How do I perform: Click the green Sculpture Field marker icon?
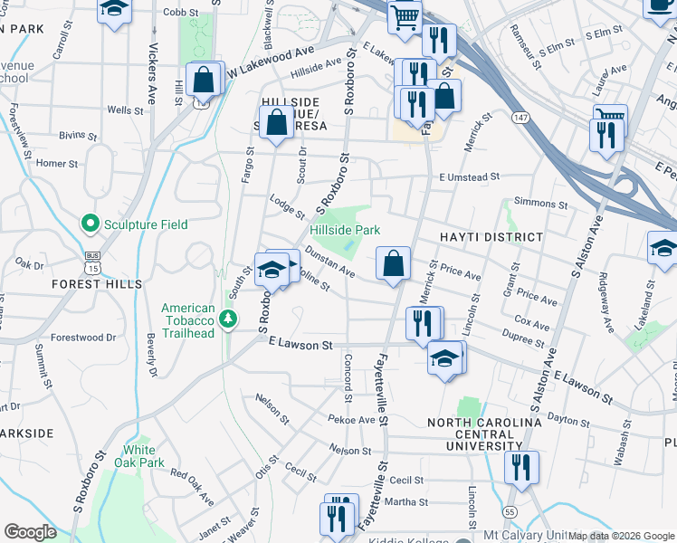coord(90,223)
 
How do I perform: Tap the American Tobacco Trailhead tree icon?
coord(230,319)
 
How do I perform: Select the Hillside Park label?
coord(345,231)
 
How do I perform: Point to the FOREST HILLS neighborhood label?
coord(98,283)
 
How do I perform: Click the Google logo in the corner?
coord(30,532)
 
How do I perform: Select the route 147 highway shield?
coord(519,118)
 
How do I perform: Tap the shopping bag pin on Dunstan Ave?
coord(393,264)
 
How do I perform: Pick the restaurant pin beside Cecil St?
coord(520,468)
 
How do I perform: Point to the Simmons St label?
coord(539,205)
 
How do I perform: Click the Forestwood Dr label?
coord(83,338)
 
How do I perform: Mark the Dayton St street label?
coord(569,418)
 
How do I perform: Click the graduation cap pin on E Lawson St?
coord(443,358)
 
